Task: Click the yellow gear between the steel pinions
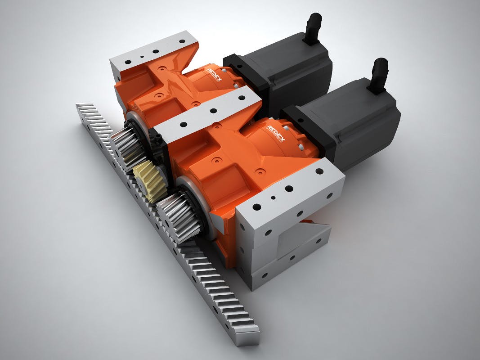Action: point(150,182)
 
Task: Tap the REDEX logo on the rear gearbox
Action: point(215,74)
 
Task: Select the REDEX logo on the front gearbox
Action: point(276,134)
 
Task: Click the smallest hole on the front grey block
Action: point(273,198)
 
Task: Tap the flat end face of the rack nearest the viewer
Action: point(247,336)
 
